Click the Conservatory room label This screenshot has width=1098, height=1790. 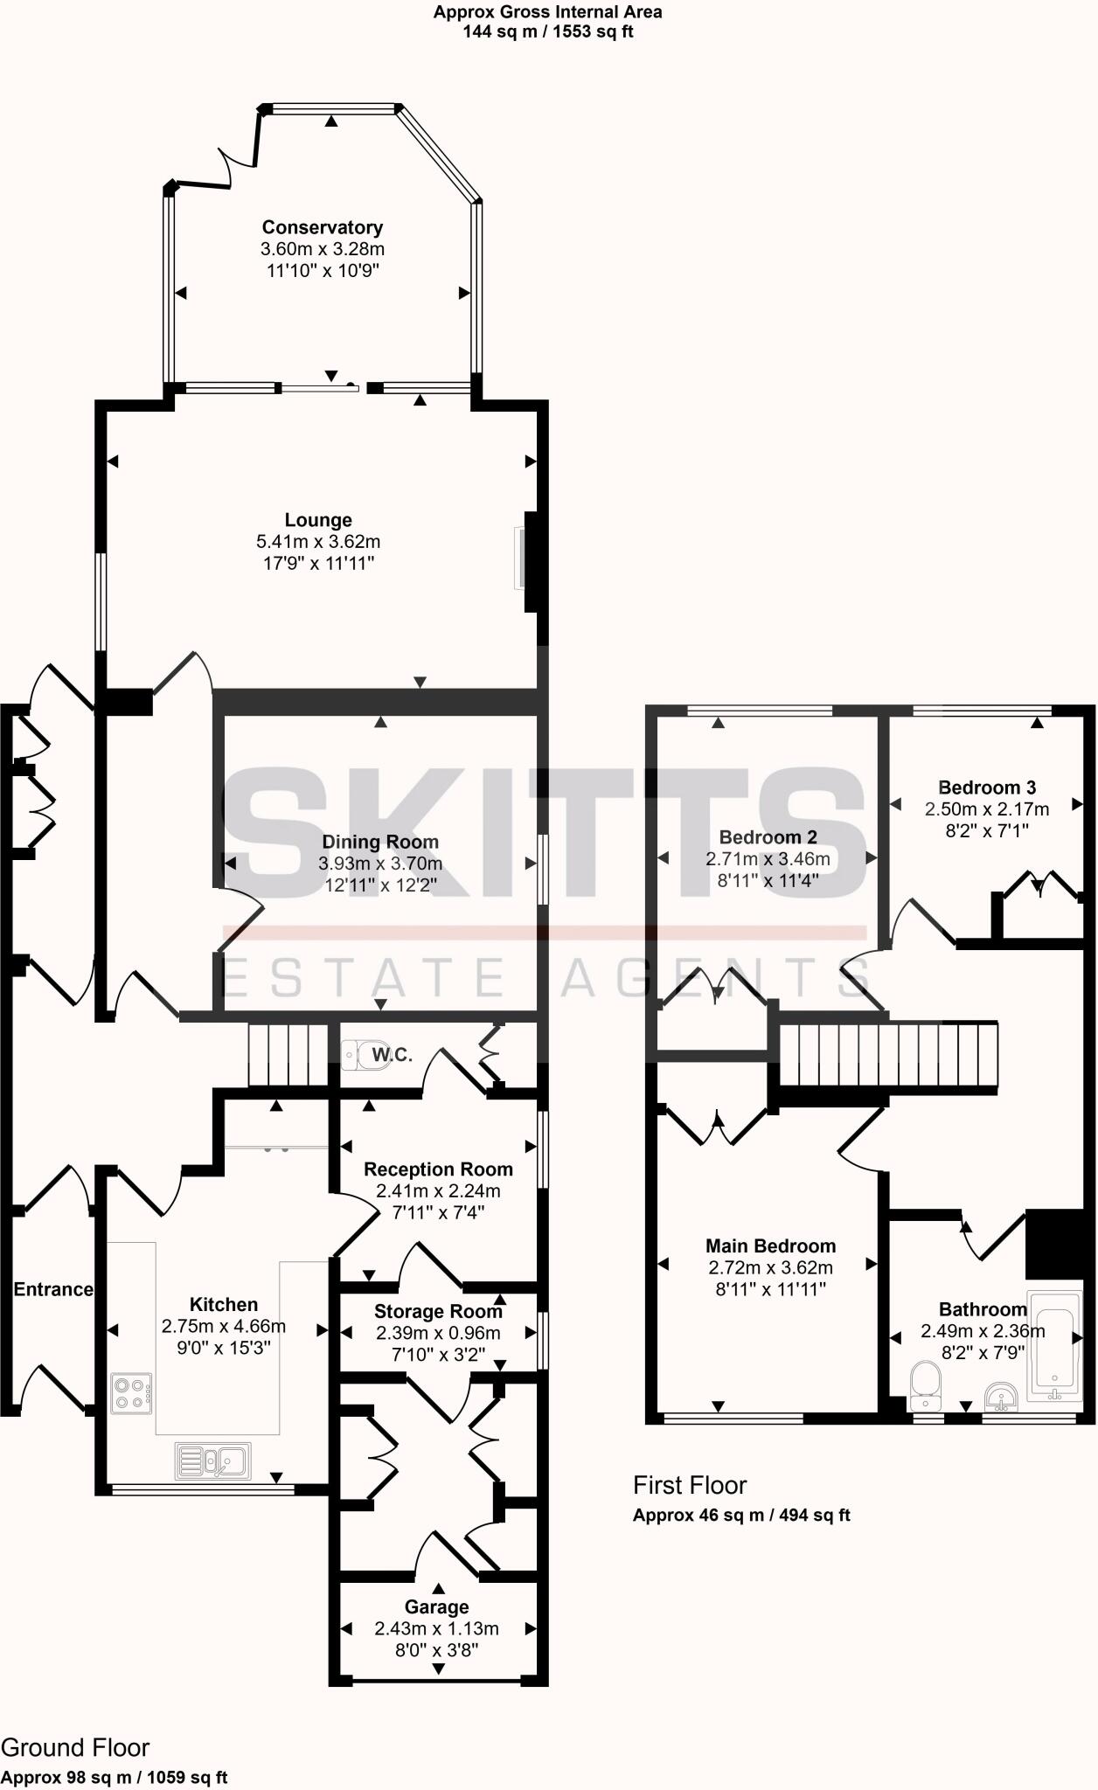coord(322,227)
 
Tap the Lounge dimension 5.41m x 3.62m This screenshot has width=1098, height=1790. coord(318,542)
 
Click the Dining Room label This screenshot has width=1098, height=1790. coord(380,842)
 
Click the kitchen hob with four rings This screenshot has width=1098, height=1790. coord(131,1393)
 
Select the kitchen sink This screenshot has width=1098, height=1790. coord(213,1460)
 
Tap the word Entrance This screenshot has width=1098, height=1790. coord(52,1289)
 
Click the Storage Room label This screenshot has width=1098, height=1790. coord(438,1311)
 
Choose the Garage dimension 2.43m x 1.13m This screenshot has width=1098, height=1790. coord(436,1628)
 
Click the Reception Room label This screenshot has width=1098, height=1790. coord(438,1169)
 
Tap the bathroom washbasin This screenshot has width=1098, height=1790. coord(1002,1396)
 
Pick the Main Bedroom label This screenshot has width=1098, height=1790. coord(770,1246)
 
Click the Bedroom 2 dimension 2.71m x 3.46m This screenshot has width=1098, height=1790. coord(768,859)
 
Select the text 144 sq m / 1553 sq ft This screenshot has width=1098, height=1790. coord(547,32)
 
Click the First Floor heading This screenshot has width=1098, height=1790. coord(690,1485)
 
